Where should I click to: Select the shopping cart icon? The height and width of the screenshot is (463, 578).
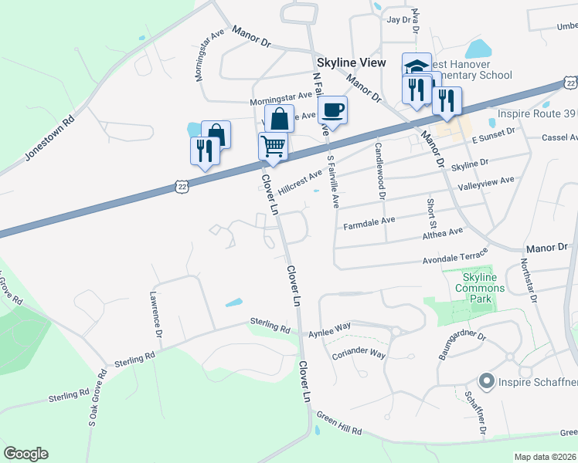[x=273, y=145]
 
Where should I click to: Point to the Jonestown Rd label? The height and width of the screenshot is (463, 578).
[x=49, y=138]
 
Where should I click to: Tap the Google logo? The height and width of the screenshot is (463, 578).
[x=25, y=454]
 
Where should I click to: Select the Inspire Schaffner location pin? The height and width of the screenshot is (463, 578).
[x=487, y=380]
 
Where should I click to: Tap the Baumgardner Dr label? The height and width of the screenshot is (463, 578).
[x=461, y=344]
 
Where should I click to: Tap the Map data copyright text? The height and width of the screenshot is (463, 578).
[x=544, y=457]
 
